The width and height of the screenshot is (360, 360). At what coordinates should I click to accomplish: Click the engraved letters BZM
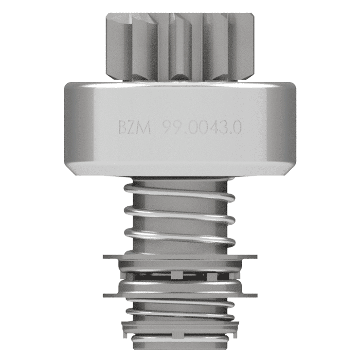click(135, 128)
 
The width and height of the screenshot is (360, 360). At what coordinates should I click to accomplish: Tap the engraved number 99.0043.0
click(202, 128)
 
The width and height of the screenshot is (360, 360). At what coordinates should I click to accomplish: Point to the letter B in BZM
click(123, 128)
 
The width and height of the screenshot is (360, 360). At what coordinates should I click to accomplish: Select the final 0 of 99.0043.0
click(237, 128)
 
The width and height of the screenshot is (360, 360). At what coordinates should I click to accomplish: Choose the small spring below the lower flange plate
click(180, 309)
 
